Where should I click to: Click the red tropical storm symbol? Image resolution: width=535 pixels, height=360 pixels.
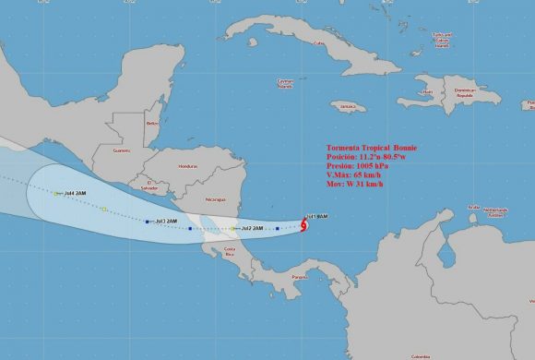click(x=304, y=224)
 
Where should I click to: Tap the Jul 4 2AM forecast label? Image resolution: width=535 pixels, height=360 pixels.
click(x=67, y=193)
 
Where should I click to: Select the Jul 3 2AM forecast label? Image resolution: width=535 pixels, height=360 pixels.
click(x=166, y=221)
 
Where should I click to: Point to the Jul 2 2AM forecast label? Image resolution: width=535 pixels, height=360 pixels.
click(x=252, y=227)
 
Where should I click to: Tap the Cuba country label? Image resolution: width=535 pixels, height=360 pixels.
click(x=320, y=42)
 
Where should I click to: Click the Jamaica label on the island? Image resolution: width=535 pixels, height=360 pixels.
click(x=348, y=105)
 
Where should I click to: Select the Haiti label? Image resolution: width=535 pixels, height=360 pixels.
click(x=427, y=90)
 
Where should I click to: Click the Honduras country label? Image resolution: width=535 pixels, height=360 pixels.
click(x=189, y=166)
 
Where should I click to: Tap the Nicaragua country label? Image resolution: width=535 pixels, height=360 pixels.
click(x=214, y=199)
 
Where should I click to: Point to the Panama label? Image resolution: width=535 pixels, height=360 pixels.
click(x=298, y=277)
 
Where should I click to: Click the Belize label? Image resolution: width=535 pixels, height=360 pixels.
click(x=152, y=122)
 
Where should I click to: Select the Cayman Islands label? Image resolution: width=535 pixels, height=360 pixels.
click(x=286, y=84)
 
